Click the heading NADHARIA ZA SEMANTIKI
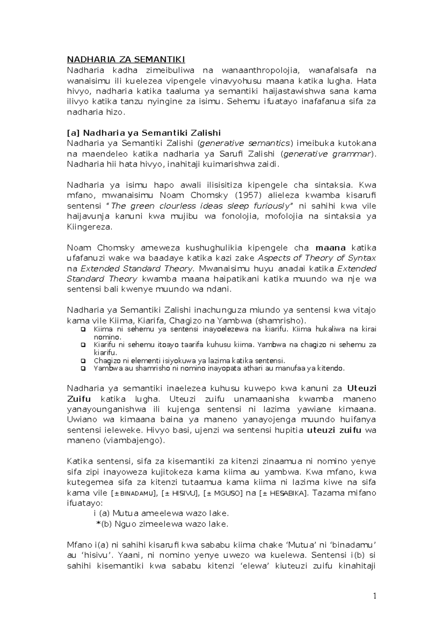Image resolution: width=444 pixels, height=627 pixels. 126,60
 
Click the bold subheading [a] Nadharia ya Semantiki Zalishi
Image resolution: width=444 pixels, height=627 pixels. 144,133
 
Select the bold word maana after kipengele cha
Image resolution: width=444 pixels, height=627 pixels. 330,247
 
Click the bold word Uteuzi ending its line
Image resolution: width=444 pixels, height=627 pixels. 361,388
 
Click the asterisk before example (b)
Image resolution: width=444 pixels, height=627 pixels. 98,523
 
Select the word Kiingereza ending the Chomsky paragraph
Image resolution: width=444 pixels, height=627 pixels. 89,227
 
